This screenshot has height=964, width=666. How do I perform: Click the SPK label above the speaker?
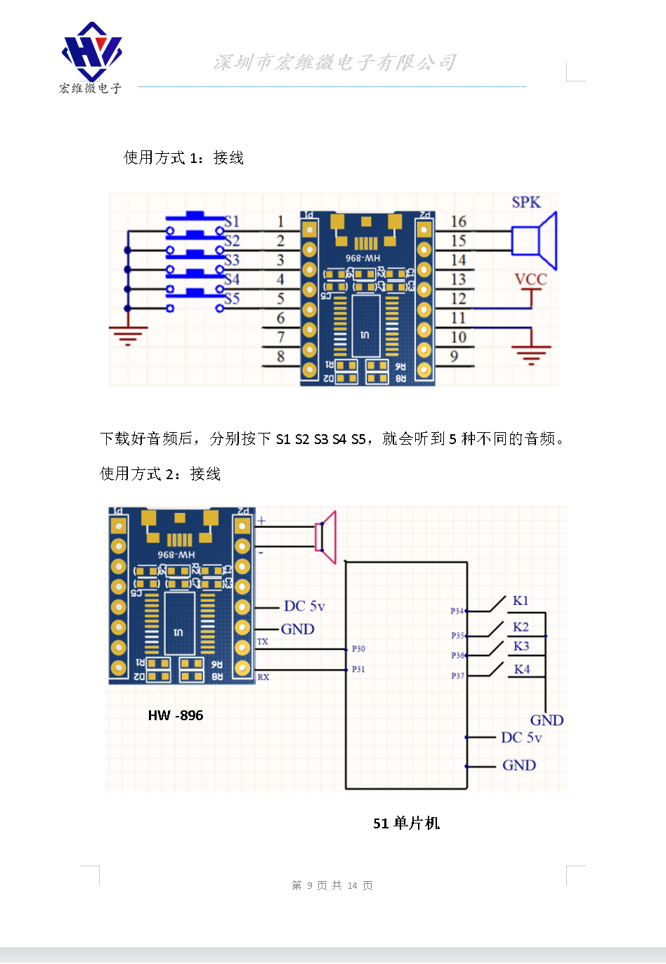point(526,202)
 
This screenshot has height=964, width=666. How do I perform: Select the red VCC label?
point(530,280)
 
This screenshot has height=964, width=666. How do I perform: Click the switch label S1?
point(232,221)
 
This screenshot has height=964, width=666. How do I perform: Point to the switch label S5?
point(232,299)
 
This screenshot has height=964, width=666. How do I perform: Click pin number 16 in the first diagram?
point(458,222)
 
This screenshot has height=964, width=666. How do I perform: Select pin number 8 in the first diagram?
point(280,356)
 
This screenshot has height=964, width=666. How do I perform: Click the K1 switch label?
point(521,601)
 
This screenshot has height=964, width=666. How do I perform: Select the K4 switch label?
point(521,669)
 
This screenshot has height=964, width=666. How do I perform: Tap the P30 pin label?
point(358,649)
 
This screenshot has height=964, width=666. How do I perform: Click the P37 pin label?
point(457,676)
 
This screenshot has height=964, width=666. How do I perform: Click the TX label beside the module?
point(263,641)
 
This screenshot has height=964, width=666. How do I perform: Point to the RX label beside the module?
point(263,677)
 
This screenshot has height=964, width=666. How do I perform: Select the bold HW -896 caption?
point(176,715)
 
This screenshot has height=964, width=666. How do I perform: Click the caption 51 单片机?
point(406,823)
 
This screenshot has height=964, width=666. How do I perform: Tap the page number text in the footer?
point(332,885)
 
